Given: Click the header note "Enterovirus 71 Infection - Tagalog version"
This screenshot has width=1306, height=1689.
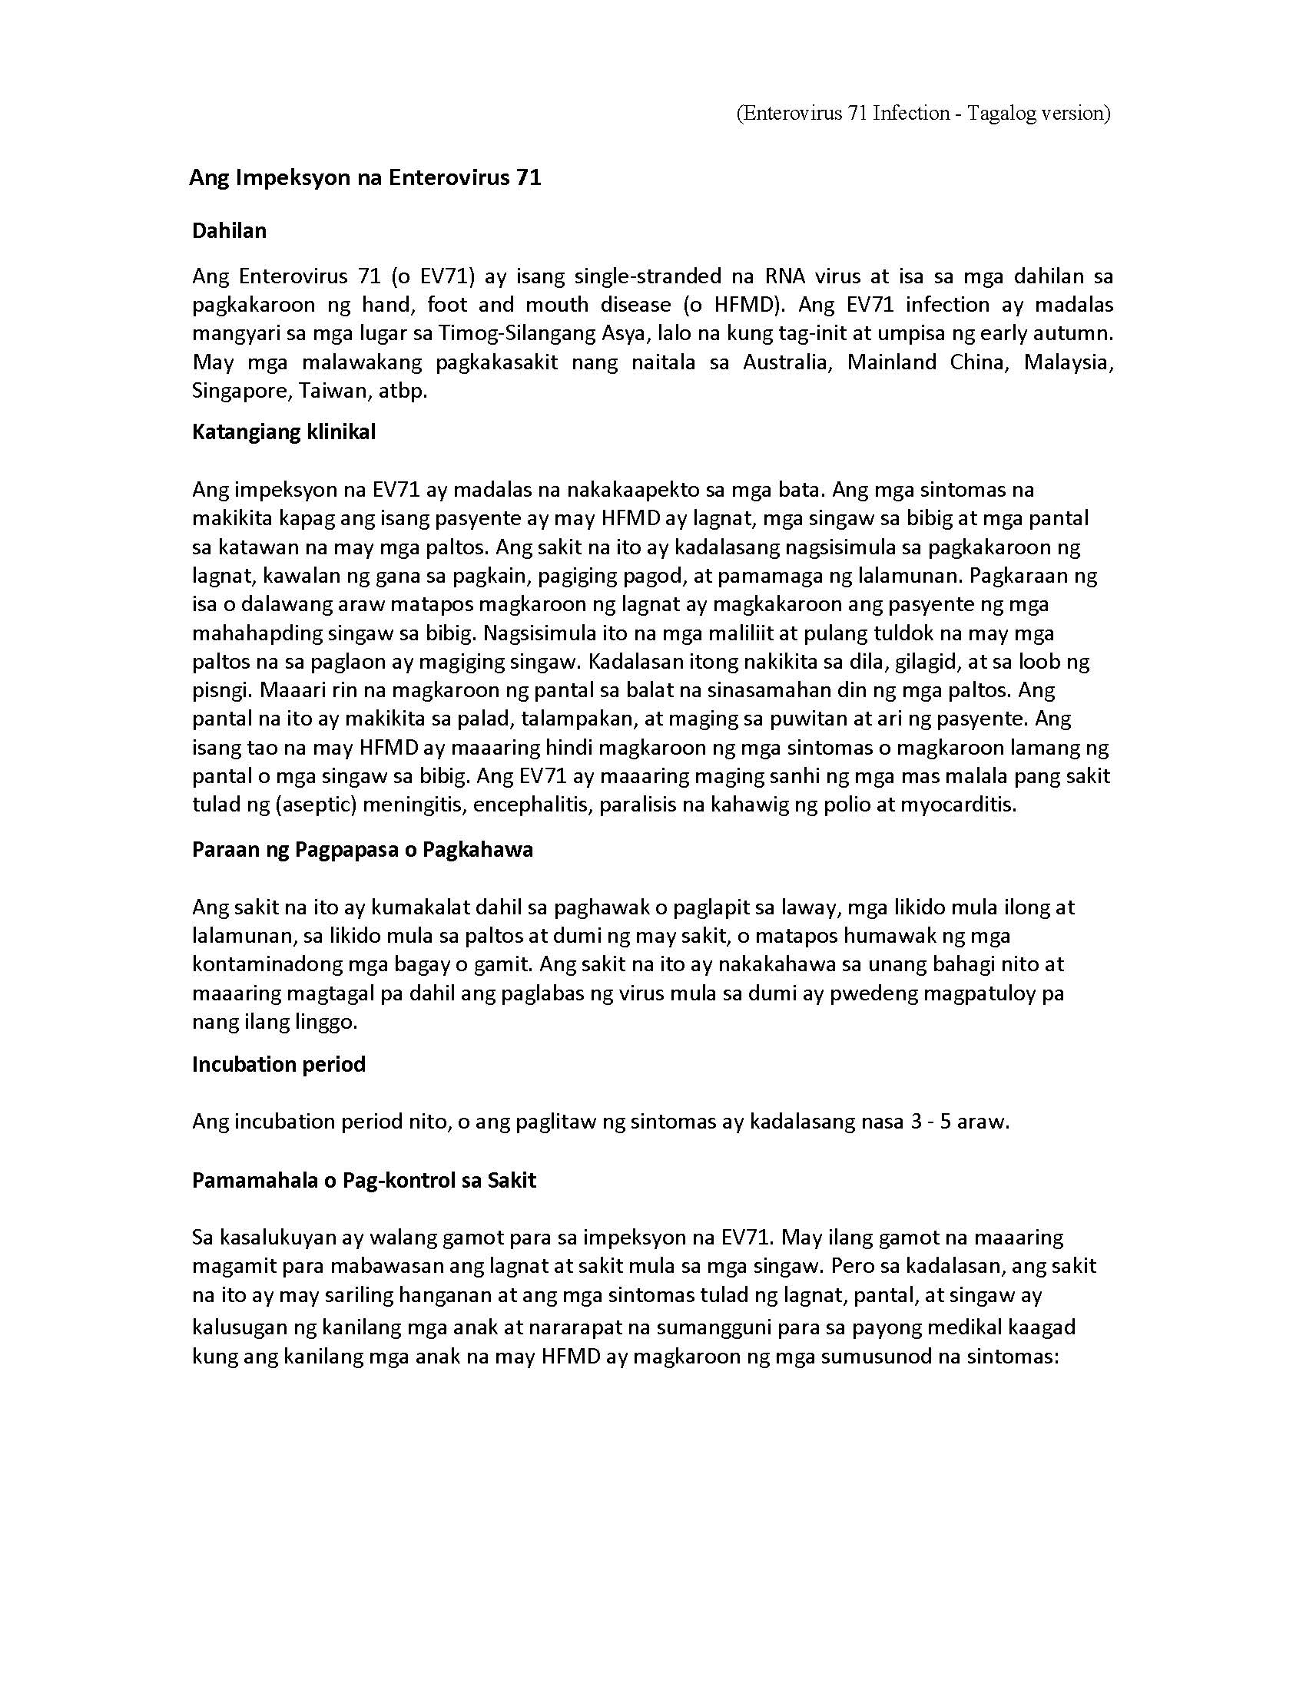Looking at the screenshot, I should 923,114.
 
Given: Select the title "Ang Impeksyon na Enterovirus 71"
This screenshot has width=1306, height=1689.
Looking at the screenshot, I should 364,178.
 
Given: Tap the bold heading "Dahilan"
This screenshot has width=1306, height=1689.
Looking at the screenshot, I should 229,230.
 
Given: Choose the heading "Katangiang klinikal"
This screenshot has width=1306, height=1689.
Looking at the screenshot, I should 283,431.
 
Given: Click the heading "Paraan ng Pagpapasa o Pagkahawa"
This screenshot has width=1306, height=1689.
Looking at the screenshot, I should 362,849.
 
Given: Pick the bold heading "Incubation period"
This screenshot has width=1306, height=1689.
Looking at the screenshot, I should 279,1064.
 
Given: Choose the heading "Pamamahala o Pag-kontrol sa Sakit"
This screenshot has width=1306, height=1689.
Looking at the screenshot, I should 363,1180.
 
